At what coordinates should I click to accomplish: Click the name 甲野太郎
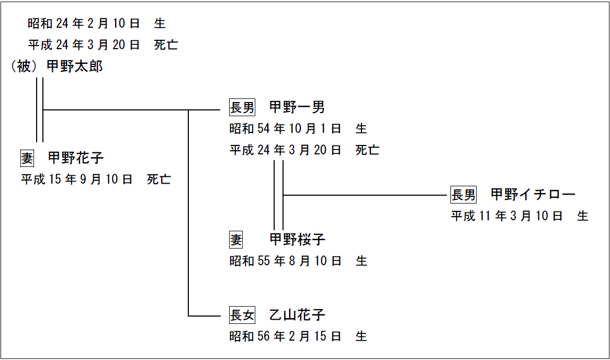[75, 66]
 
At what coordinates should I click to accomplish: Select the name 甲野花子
[76, 157]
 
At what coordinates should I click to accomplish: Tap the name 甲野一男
[297, 107]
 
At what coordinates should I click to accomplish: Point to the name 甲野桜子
[297, 240]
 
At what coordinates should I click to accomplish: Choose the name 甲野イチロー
[533, 195]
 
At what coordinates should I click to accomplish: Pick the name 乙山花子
[297, 315]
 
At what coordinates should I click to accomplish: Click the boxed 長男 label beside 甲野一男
[242, 108]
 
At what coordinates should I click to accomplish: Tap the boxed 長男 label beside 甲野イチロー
[464, 195]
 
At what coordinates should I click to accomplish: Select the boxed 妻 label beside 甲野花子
[27, 158]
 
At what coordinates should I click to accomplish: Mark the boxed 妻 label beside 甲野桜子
[236, 240]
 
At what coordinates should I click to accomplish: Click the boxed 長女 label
[242, 316]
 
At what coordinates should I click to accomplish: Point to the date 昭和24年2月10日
[84, 24]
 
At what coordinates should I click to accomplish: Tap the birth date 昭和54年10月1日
[285, 129]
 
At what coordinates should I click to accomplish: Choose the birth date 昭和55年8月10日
[285, 261]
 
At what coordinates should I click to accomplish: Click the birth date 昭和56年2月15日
[285, 336]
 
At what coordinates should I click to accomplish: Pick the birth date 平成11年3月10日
[507, 216]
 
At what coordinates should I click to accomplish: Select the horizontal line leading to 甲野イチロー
[366, 195]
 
